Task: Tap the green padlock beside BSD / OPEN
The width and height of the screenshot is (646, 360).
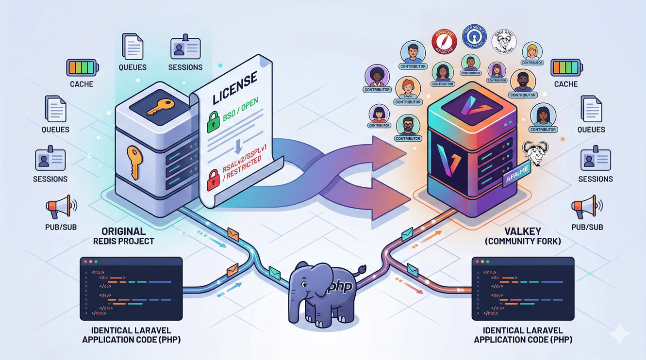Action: click(214, 121)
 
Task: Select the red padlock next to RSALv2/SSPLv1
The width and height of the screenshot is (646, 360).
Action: click(213, 179)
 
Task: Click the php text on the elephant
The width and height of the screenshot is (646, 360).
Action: click(340, 286)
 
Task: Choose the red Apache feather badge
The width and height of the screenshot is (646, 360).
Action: click(445, 42)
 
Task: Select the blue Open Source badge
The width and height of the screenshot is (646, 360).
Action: click(474, 37)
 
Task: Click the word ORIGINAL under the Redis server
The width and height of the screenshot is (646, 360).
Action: click(123, 231)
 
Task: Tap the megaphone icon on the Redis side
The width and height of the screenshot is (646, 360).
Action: click(61, 208)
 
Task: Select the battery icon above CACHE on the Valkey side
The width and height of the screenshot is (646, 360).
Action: click(565, 67)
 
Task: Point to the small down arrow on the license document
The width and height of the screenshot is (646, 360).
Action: click(238, 146)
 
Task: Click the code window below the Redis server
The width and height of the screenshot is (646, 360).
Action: click(131, 289)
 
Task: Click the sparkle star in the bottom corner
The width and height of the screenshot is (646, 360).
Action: click(619, 333)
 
